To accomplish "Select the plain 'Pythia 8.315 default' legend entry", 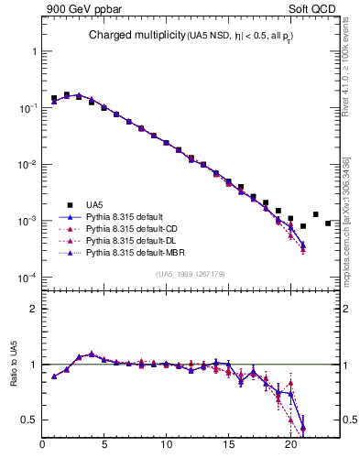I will coord(123,216).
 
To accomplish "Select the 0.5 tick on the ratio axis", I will coord(29,420).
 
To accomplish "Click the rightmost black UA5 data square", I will coord(328,223).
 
